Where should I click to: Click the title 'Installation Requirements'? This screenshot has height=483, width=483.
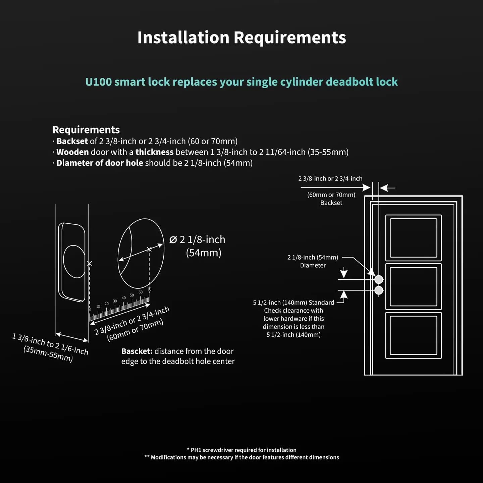(x=241, y=37)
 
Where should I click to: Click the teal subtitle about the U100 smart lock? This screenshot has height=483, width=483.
(x=241, y=82)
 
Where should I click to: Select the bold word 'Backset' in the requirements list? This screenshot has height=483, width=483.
(x=72, y=141)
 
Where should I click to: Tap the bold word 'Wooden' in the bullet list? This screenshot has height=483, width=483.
(x=72, y=152)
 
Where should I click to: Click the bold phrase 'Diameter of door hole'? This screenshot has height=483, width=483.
(x=100, y=163)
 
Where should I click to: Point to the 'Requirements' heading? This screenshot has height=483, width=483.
(x=86, y=130)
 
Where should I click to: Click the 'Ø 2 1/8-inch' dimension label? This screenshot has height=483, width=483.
(x=197, y=239)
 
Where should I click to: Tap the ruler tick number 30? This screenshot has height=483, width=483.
(x=115, y=301)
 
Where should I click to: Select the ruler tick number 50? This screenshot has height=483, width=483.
(x=132, y=295)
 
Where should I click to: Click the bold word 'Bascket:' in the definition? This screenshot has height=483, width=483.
(x=137, y=351)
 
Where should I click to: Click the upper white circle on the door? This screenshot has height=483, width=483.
(x=379, y=279)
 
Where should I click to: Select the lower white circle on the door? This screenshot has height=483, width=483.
(x=379, y=290)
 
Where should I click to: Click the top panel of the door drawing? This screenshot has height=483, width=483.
(x=413, y=238)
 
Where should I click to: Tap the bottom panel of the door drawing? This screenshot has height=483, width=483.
(x=413, y=335)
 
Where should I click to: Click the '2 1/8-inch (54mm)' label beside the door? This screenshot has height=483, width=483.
(x=313, y=257)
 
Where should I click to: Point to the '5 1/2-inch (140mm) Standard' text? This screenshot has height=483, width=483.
(x=293, y=303)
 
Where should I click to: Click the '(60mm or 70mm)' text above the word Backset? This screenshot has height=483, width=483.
(x=331, y=195)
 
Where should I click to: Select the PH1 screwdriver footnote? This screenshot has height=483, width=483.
(x=241, y=450)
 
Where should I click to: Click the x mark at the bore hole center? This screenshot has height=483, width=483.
(x=149, y=249)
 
